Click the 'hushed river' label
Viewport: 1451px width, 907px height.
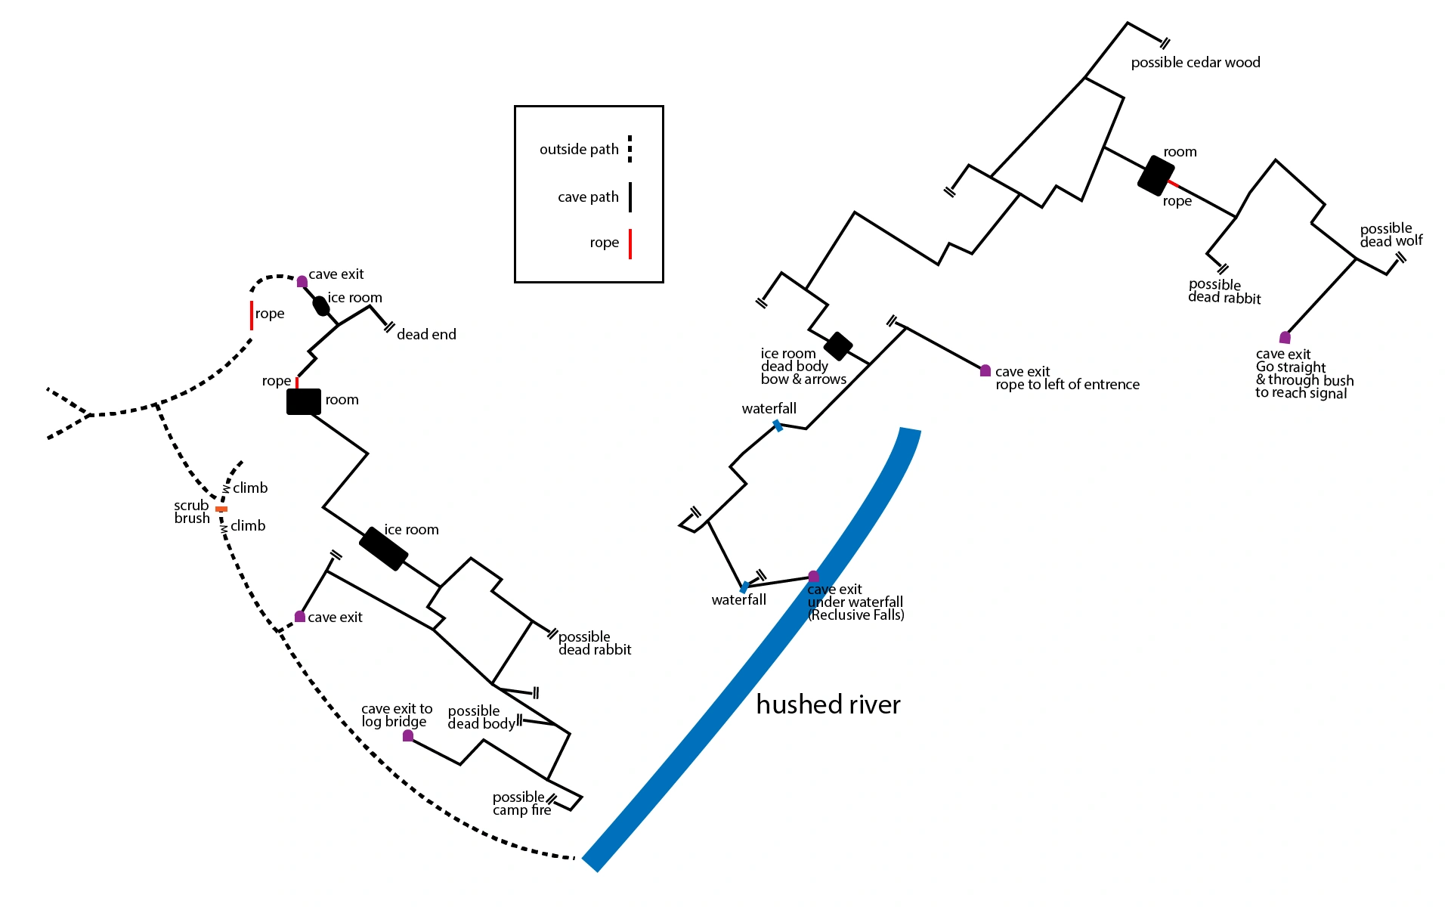[828, 704]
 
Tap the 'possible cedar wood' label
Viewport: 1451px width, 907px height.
[1196, 63]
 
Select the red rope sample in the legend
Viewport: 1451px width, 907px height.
[630, 243]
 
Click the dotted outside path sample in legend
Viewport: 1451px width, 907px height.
[630, 149]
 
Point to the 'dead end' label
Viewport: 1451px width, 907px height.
[426, 334]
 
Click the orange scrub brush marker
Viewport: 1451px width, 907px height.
[221, 509]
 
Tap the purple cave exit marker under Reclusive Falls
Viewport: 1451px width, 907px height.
[813, 577]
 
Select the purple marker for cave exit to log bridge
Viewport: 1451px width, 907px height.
[408, 735]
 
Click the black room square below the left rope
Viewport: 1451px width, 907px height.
[304, 401]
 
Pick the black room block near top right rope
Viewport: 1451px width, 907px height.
[1156, 175]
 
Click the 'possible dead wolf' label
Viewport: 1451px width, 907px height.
[1391, 235]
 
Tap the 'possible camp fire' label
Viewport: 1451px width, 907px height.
[521, 803]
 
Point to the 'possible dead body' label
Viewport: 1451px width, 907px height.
[481, 717]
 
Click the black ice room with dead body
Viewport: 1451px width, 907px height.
[837, 346]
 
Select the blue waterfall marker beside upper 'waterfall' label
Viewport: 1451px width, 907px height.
[778, 426]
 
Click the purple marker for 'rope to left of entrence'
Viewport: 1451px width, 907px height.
[985, 370]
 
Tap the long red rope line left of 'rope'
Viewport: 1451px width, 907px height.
[252, 315]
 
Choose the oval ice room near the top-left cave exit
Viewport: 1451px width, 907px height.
[321, 306]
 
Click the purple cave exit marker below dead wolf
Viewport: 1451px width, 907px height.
[1285, 337]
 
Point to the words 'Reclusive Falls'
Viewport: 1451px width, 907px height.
[856, 615]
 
